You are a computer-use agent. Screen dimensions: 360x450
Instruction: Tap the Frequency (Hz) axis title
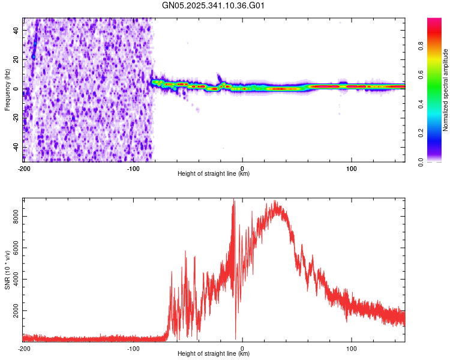tap(7, 90)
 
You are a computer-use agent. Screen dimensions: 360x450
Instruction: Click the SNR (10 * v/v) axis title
tap(7, 270)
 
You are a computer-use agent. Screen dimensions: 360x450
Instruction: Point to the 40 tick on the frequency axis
tap(16, 30)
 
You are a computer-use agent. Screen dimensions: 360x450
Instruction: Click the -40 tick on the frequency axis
tap(14, 148)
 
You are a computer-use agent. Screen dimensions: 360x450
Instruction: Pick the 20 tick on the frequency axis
tap(16, 59)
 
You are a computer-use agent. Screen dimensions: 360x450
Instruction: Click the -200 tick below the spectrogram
tap(24, 168)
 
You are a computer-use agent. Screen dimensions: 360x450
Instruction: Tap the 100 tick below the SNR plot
tap(352, 348)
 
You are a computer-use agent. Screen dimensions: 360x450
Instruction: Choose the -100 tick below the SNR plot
tap(133, 348)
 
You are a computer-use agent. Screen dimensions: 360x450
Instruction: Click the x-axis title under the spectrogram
tap(214, 174)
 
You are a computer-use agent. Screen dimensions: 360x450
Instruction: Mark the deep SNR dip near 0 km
tap(235, 337)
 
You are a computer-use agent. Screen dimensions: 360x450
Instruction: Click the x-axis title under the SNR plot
tap(214, 354)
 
